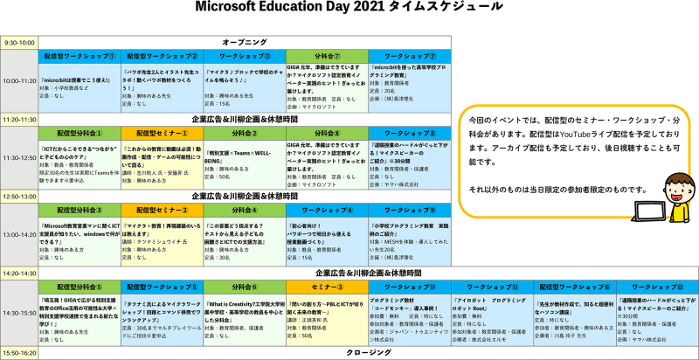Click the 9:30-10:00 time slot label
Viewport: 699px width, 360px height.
18,42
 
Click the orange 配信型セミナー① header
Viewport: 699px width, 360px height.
162,132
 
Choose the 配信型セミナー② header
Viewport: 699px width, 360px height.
162,210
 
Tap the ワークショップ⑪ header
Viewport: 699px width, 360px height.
492,287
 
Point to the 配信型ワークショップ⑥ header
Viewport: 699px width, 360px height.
574,287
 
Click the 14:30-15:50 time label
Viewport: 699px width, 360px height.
18,313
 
